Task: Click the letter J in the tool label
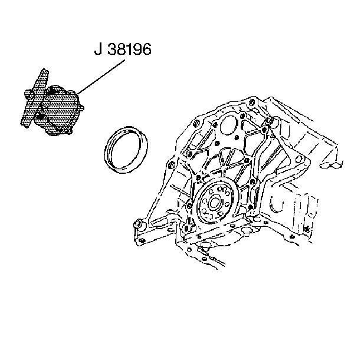[98, 49]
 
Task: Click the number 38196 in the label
[130, 49]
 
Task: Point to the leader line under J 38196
[101, 77]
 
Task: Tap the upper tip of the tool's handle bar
[44, 70]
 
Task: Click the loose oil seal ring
[126, 150]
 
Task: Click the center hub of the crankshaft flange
[214, 203]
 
